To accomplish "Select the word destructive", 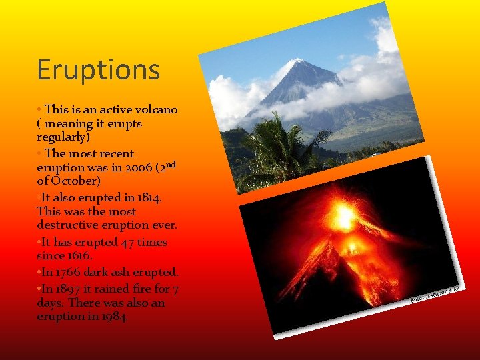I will (x=69, y=226).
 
